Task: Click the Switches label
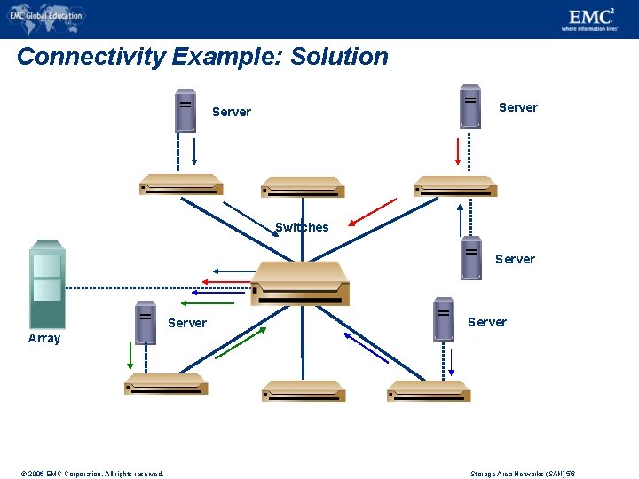[302, 227]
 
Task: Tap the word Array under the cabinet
[44, 338]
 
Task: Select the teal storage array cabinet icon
[47, 285]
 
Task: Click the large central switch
[300, 283]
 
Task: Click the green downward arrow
[130, 355]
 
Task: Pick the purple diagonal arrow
[366, 348]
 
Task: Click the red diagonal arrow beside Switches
[372, 212]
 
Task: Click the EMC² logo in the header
[589, 18]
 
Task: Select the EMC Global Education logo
[46, 15]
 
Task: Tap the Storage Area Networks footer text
[522, 474]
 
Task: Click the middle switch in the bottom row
[303, 390]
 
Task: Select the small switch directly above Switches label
[302, 186]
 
